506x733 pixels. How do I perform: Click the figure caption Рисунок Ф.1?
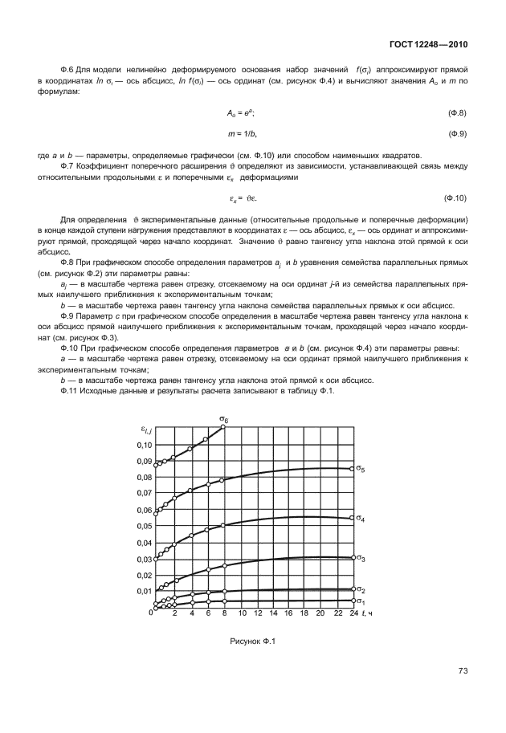click(252, 641)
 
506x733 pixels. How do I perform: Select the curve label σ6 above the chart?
click(224, 419)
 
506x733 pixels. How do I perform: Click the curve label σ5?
click(361, 469)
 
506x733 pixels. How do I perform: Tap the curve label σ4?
click(361, 519)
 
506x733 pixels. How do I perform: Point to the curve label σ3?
click(361, 558)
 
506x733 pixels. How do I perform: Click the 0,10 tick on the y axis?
click(142, 445)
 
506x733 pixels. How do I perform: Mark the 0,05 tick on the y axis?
click(142, 527)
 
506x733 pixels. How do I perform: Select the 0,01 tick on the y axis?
click(142, 592)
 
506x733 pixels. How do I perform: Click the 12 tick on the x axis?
click(258, 614)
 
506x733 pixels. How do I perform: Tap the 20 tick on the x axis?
click(321, 614)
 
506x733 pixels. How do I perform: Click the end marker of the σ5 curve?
click(353, 469)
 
